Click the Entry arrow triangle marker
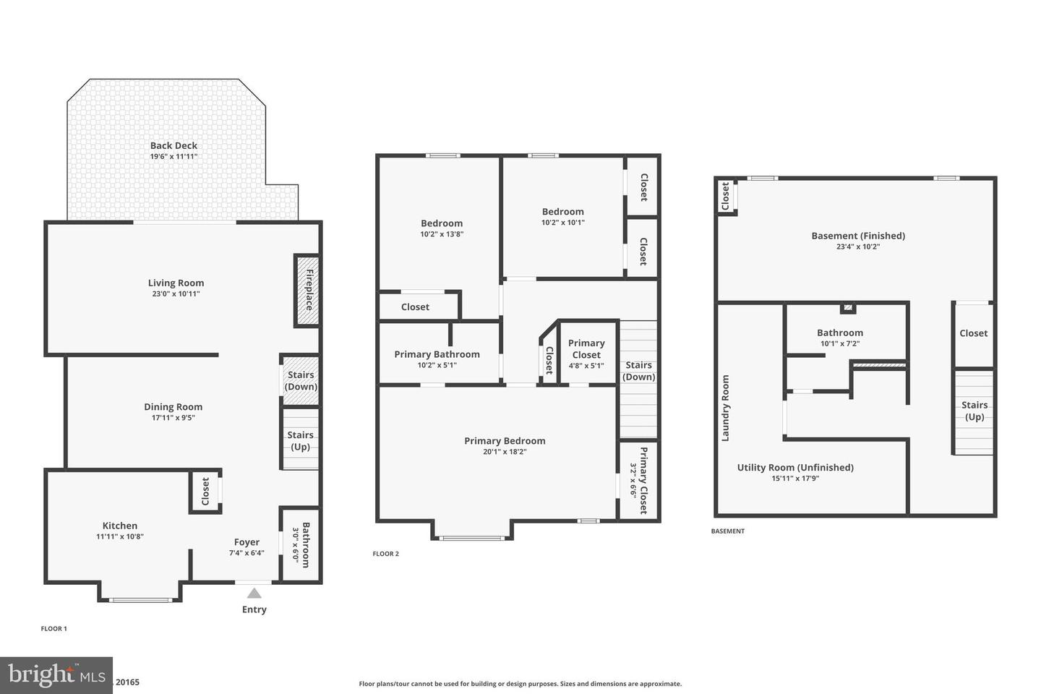pyautogui.click(x=254, y=593)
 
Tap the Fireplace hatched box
pyautogui.click(x=307, y=290)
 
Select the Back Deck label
pyautogui.click(x=173, y=145)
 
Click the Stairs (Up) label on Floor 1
pyautogui.click(x=300, y=440)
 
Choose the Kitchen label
pyautogui.click(x=120, y=526)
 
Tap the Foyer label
pyautogui.click(x=247, y=542)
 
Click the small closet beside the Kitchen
pyautogui.click(x=205, y=492)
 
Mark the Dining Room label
pyautogui.click(x=173, y=407)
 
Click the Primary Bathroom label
pyautogui.click(x=437, y=354)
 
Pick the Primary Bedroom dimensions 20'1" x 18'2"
pyautogui.click(x=505, y=452)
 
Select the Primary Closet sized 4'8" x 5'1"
pyautogui.click(x=586, y=349)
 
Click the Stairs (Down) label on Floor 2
pyautogui.click(x=639, y=371)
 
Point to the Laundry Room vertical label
pyautogui.click(x=725, y=408)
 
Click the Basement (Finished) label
pyautogui.click(x=858, y=236)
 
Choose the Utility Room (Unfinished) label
pyautogui.click(x=795, y=468)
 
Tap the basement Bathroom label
pyautogui.click(x=840, y=333)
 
